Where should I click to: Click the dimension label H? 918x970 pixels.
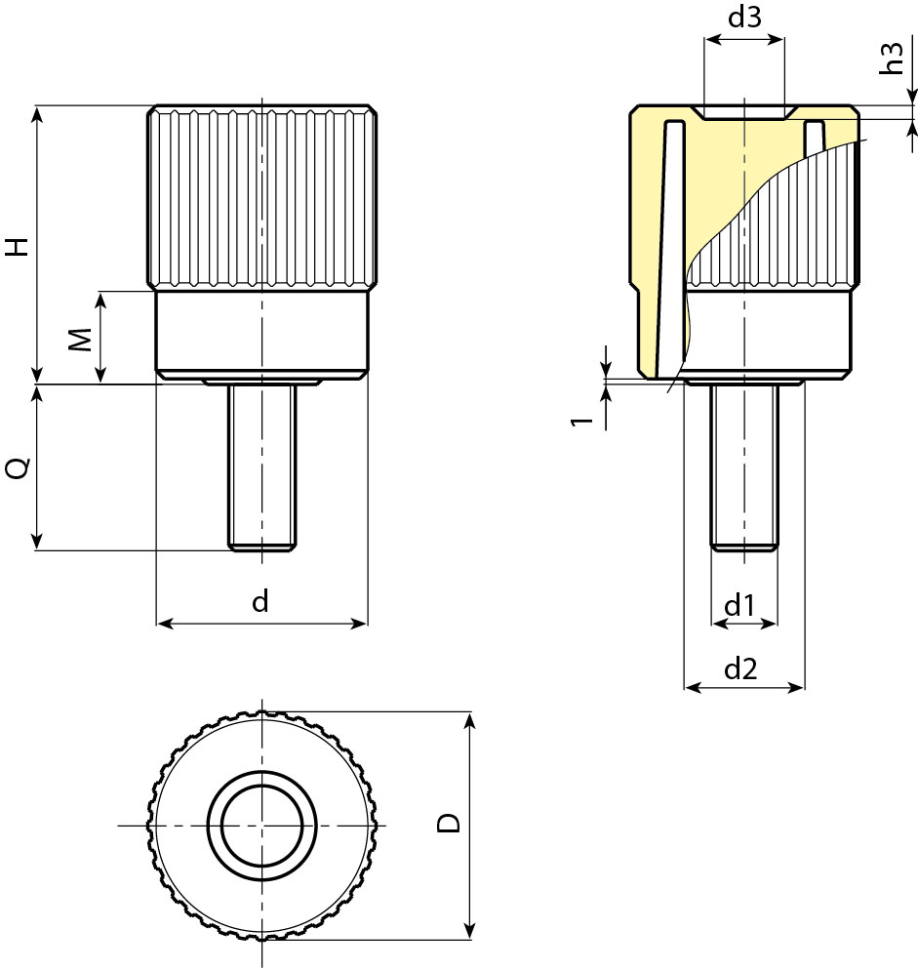18,246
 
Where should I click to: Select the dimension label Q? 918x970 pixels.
18,468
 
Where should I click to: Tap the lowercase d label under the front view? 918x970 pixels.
259,602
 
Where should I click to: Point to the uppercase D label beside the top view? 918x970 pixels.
449,823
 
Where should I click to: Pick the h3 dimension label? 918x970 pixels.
891,59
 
